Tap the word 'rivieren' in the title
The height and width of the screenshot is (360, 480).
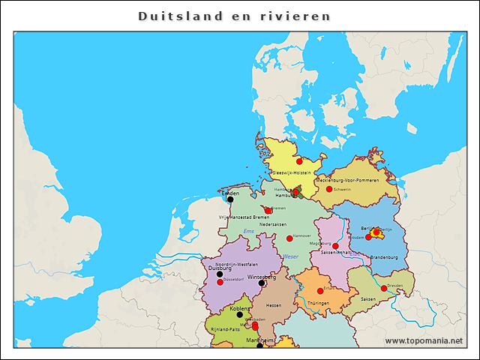pyautogui.click(x=302, y=16)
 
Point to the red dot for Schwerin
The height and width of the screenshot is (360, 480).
pyautogui.click(x=329, y=189)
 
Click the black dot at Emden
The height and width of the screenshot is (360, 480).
pyautogui.click(x=230, y=199)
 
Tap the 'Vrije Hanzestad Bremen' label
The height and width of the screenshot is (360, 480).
pyautogui.click(x=244, y=217)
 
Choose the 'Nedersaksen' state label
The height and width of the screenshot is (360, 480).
pyautogui.click(x=272, y=224)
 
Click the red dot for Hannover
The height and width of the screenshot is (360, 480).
pyautogui.click(x=289, y=238)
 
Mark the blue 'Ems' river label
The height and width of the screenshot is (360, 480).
pyautogui.click(x=249, y=231)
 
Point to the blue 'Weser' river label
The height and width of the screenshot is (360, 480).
pyautogui.click(x=291, y=256)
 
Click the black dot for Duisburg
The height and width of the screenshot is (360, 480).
pyautogui.click(x=219, y=274)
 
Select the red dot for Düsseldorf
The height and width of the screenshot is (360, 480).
pyautogui.click(x=220, y=283)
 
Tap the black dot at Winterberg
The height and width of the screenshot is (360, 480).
pyautogui.click(x=261, y=283)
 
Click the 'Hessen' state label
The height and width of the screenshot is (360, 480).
pyautogui.click(x=274, y=305)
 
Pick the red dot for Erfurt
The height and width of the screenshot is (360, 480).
pyautogui.click(x=320, y=290)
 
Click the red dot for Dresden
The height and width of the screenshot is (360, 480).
pyautogui.click(x=383, y=288)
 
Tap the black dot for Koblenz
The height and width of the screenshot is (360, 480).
pyautogui.click(x=240, y=315)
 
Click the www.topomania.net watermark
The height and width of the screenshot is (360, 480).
pyautogui.click(x=423, y=340)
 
